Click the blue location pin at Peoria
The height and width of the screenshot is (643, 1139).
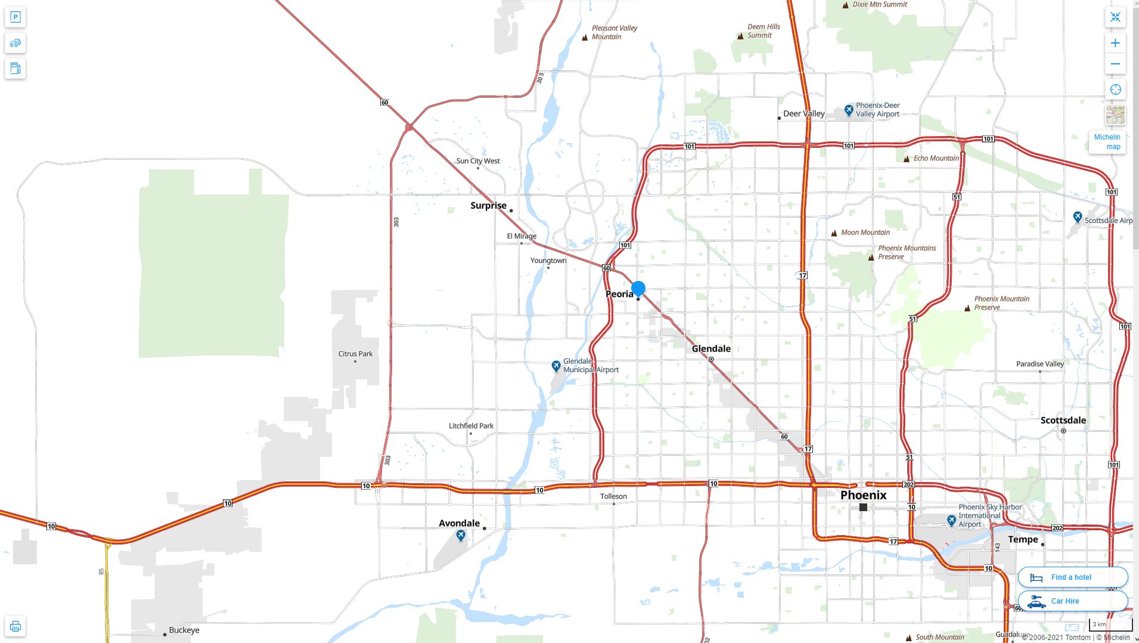(638, 289)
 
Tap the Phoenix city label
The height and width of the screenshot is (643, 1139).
(863, 495)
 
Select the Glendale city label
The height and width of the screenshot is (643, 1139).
(711, 348)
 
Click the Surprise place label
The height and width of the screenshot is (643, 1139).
(488, 206)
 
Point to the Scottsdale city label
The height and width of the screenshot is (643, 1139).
(1063, 420)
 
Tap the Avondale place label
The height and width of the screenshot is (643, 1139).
(459, 523)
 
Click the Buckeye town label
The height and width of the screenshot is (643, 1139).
(184, 630)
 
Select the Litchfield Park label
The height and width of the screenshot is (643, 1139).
(471, 426)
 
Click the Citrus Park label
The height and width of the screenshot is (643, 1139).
(355, 354)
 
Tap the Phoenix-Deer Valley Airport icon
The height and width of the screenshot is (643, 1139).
(849, 110)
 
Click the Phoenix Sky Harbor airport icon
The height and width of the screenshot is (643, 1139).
(951, 521)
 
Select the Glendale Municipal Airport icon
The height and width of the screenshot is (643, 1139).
(555, 366)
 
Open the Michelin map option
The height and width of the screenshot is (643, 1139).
(1107, 142)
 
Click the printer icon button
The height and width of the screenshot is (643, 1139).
(15, 626)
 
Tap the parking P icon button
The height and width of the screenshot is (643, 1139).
(15, 17)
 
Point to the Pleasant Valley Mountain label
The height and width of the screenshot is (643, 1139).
(614, 32)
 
